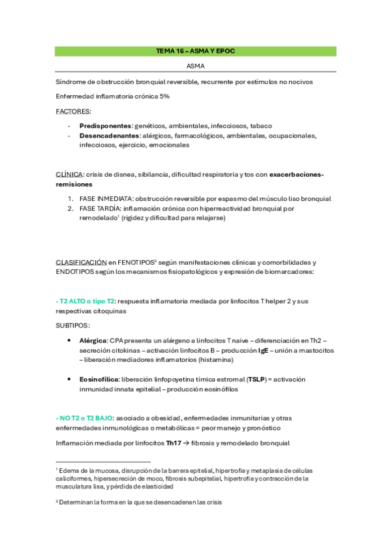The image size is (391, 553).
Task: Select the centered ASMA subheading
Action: pyautogui.click(x=195, y=66)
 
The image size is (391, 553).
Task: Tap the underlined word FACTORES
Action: pyautogui.click(x=73, y=111)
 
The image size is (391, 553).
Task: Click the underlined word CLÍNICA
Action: pyautogui.click(x=69, y=174)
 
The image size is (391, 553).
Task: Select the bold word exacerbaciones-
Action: pyautogui.click(x=296, y=174)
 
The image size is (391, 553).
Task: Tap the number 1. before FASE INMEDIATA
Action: pyautogui.click(x=70, y=198)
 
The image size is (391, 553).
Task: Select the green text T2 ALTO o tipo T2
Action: pyautogui.click(x=87, y=301)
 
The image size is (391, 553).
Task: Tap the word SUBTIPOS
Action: pyautogui.click(x=72, y=325)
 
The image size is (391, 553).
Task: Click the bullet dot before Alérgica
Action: pyautogui.click(x=70, y=340)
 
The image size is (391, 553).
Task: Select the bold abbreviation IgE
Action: pyautogui.click(x=263, y=350)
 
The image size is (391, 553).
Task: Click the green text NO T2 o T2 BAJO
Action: pyautogui.click(x=85, y=418)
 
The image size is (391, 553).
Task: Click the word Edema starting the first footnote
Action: pyautogui.click(x=69, y=470)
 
